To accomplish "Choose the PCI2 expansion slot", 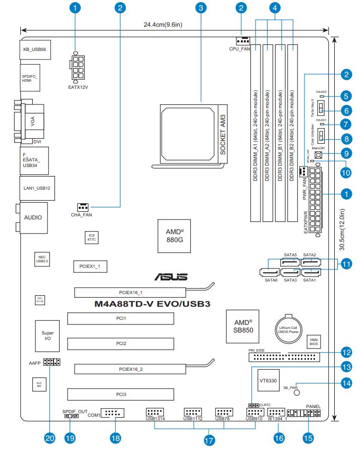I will pos(121,343).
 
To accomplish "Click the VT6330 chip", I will pos(266,378).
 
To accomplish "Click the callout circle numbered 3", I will pos(201,8).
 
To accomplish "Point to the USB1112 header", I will pos(192,412).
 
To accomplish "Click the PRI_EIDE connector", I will pos(284,358).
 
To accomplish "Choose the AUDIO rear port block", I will pos(33,217).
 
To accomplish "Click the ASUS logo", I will pos(171,277).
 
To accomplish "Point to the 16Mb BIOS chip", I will pos(313,341).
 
